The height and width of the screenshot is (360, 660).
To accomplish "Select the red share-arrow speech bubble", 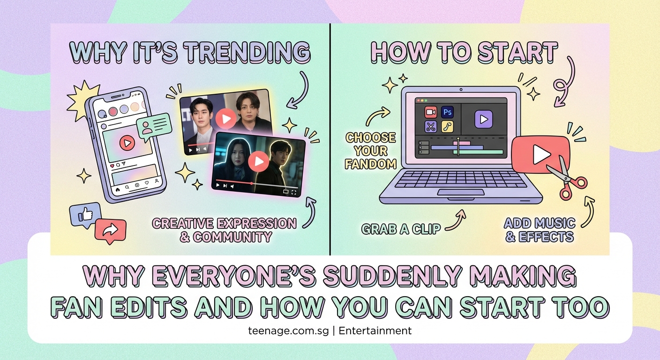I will coord(111,230).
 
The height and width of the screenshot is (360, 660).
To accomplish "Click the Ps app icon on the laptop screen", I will coord(447,112).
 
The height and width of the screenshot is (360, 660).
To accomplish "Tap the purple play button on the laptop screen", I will coord(483,120).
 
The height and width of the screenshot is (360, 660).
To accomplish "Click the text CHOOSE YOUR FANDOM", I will coord(371,150).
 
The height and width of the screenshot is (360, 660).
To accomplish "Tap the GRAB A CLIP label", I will coord(401,229).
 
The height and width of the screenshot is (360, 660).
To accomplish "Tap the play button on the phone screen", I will coord(127,142).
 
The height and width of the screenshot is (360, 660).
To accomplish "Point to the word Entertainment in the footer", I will coord(375,330).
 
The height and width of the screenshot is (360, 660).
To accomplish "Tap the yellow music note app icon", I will coord(447,127).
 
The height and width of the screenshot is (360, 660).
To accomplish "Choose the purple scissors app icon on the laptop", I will coord(431,127).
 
